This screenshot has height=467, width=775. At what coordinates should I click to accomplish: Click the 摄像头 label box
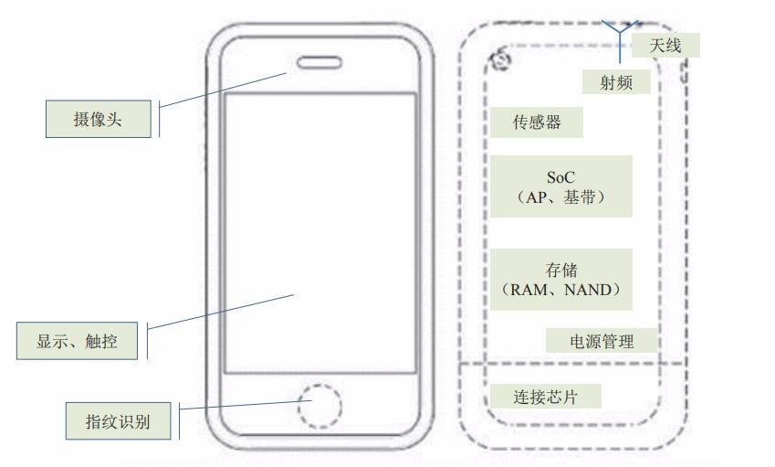(99, 119)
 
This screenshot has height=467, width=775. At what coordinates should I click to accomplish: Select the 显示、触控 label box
(77, 340)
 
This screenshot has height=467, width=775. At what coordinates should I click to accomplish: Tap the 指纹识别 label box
(118, 421)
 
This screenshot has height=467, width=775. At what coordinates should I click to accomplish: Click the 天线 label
(665, 46)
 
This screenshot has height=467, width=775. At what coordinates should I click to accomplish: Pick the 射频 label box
(616, 81)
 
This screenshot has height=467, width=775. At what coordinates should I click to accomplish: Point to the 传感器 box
(537, 122)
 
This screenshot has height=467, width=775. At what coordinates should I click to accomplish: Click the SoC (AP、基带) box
(561, 186)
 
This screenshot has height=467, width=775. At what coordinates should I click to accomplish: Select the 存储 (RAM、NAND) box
(561, 280)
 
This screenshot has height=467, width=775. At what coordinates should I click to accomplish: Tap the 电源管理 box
(602, 340)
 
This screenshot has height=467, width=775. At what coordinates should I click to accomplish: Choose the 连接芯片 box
(546, 397)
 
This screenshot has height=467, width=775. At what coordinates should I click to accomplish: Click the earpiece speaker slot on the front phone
(319, 63)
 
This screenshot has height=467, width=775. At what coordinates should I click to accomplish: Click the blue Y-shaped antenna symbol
(620, 39)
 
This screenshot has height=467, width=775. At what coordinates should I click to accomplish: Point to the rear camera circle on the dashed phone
(502, 59)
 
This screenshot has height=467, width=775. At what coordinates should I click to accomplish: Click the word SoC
(560, 177)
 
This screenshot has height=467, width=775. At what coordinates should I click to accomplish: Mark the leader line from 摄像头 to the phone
(223, 90)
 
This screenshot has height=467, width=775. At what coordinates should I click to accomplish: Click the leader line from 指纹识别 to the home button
(246, 405)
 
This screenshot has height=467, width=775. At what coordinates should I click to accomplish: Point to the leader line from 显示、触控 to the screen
(221, 313)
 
